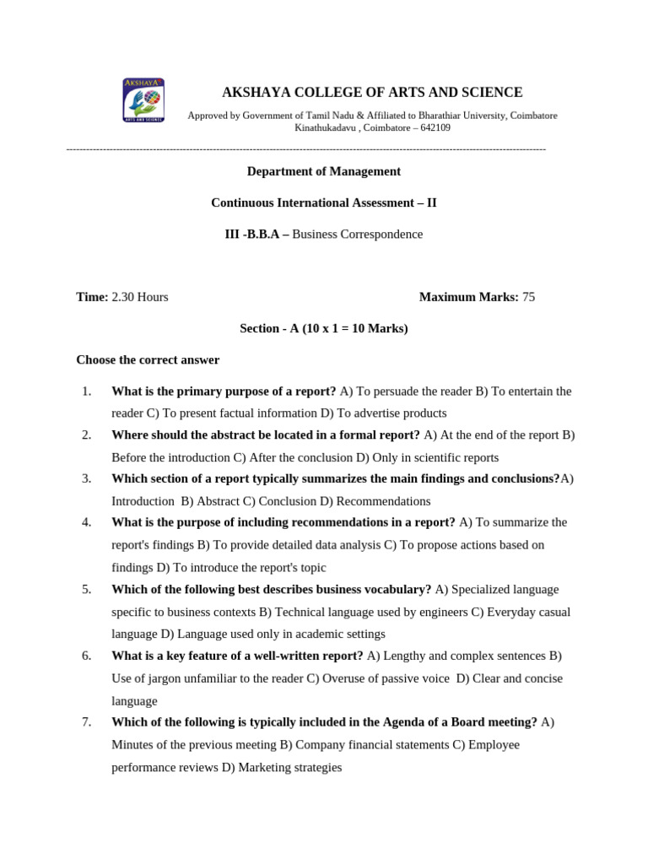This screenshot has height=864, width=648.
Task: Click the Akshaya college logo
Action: click(143, 100)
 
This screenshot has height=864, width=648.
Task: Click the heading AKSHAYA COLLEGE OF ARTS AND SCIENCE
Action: click(371, 92)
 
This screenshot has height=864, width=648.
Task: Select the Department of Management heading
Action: click(323, 171)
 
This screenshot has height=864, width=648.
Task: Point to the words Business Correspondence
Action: click(357, 235)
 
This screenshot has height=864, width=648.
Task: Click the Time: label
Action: click(92, 297)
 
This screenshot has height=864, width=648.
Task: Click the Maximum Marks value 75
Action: click(528, 297)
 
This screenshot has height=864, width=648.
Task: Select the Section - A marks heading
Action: click(323, 328)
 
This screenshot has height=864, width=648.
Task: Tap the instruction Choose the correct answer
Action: click(148, 359)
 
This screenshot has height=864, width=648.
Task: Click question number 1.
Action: click(86, 391)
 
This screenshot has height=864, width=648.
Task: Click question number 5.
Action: click(86, 589)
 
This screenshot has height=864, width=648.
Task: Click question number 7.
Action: click(86, 722)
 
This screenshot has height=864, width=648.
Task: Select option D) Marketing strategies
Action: click(282, 767)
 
